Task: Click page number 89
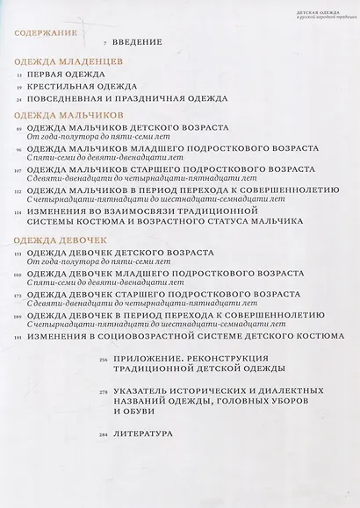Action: point(18,128)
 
